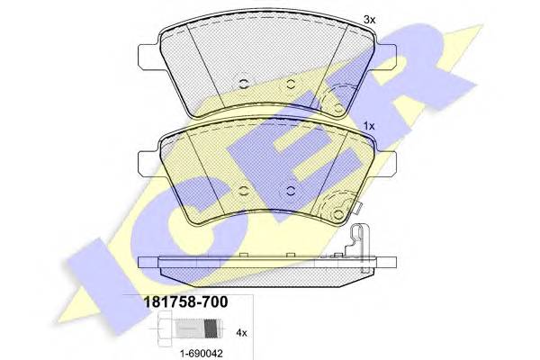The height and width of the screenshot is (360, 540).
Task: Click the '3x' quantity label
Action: pos(369,19)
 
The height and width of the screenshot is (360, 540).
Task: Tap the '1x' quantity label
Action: pos(369,127)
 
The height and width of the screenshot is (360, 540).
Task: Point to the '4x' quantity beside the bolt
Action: pos(241,334)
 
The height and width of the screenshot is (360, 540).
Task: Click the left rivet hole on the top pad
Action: pos(244,85)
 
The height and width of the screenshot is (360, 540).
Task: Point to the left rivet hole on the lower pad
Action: pos(244,191)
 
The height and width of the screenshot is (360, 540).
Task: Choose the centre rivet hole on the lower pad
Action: pos(290,190)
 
